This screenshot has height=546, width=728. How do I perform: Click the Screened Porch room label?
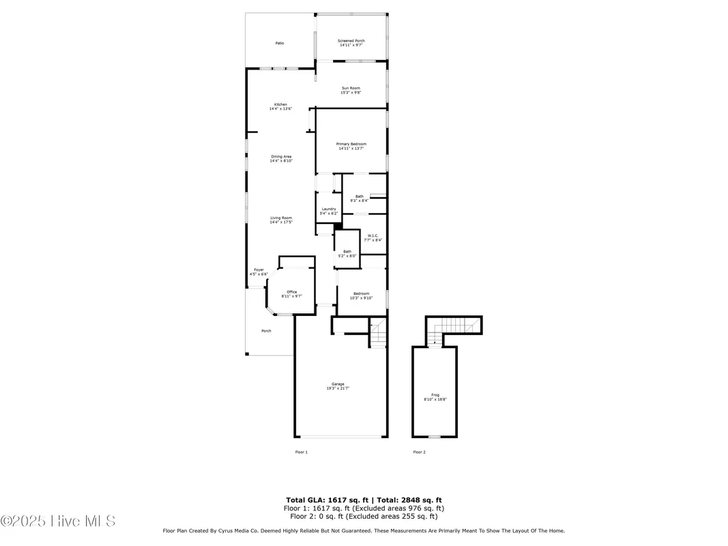click(x=351, y=43)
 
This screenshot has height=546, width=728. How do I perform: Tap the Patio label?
click(x=280, y=43)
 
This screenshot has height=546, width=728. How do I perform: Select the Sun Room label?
click(x=351, y=89)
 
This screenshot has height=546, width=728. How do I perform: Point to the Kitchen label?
click(x=280, y=106)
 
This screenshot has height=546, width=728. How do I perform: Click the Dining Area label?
click(x=280, y=158)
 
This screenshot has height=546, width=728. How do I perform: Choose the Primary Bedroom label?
click(x=351, y=145)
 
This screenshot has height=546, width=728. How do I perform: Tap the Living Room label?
click(x=280, y=220)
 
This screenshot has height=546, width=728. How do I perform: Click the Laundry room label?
click(x=328, y=211)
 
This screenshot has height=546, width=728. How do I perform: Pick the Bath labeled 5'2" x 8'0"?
click(x=347, y=253)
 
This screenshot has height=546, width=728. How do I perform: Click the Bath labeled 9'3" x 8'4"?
click(x=359, y=199)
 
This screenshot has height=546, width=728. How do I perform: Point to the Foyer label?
click(x=259, y=272)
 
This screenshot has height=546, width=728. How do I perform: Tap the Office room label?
click(x=291, y=294)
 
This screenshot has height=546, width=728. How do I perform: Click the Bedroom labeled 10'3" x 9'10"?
click(x=361, y=296)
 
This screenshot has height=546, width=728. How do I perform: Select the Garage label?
click(x=338, y=386)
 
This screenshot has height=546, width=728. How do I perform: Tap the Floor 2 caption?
click(x=419, y=452)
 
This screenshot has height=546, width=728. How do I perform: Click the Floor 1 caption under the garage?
click(x=301, y=452)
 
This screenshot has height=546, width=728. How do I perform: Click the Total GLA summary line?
click(x=364, y=500)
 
